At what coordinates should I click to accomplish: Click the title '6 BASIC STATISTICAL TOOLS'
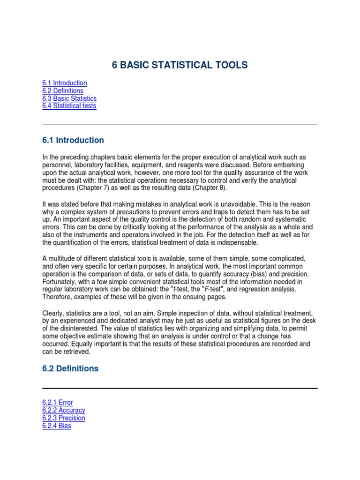180,65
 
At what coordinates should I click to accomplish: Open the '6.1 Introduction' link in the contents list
64,83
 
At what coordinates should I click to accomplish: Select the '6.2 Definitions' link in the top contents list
62,90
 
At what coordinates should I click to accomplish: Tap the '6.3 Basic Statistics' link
69,98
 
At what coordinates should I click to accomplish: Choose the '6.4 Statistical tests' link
69,106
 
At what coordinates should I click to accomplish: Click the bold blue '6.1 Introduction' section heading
73,140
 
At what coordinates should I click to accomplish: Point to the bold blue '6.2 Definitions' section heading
70,368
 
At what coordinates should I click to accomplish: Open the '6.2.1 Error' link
57,403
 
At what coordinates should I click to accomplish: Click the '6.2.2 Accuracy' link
64,410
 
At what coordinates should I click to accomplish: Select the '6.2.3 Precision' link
64,418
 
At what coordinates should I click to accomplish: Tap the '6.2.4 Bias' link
57,426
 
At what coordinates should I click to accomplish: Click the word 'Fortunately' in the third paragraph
60,282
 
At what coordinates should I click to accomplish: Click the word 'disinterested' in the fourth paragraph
74,328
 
